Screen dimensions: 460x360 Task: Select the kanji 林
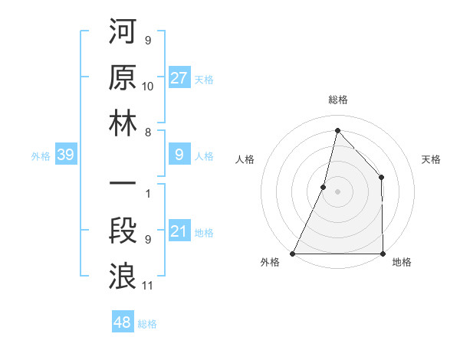(x=123, y=123)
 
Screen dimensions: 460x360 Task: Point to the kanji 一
(x=123, y=185)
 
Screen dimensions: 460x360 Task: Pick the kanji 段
(x=123, y=231)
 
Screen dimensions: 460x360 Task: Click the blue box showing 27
(x=179, y=78)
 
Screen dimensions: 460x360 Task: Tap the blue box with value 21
(x=179, y=232)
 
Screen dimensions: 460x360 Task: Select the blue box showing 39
(x=65, y=155)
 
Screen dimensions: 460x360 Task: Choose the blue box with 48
(x=122, y=322)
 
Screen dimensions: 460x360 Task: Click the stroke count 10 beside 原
(x=148, y=86)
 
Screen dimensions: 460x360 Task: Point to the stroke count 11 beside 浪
(x=148, y=286)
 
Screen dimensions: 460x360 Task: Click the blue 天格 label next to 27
(x=204, y=79)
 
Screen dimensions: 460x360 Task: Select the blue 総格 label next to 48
(x=147, y=324)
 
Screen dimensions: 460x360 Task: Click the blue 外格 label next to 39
(x=41, y=156)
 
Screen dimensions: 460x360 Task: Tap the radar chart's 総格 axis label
(x=337, y=100)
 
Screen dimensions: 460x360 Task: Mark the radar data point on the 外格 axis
(x=293, y=254)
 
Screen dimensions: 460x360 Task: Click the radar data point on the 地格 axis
(x=382, y=254)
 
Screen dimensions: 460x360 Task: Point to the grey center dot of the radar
(x=337, y=191)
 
